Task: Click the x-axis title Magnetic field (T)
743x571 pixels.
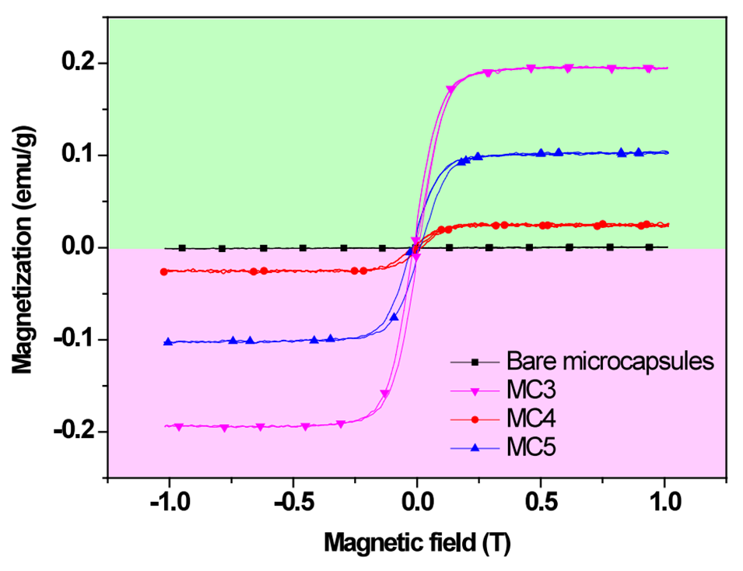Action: [x=417, y=540]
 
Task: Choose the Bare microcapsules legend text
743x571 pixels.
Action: [x=610, y=362]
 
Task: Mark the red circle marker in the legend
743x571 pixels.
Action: [x=475, y=420]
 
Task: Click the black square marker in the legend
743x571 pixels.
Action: [x=475, y=363]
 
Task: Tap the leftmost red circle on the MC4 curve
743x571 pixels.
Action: [x=163, y=271]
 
